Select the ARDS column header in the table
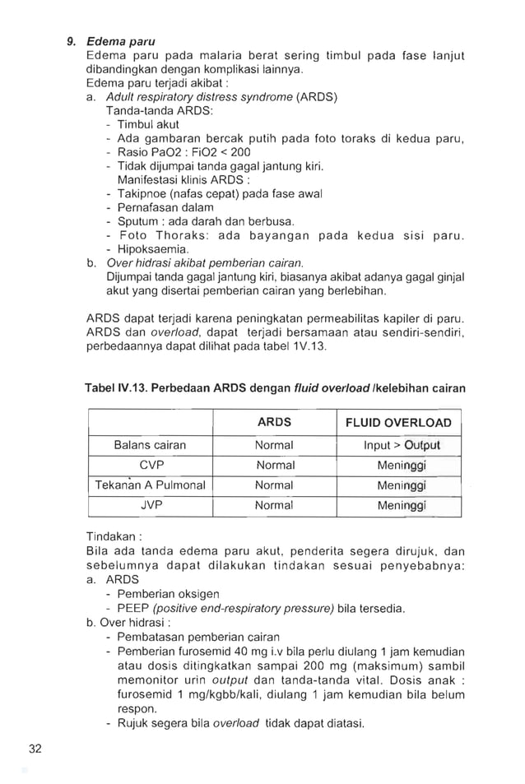tap(274, 422)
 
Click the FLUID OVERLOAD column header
tap(398, 423)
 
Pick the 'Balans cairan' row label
tap(150, 445)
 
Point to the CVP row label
tap(151, 465)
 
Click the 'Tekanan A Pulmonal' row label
tap(150, 485)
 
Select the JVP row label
tap(151, 505)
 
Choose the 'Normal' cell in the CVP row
tap(274, 465)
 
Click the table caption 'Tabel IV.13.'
tap(120, 387)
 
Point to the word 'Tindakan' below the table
tap(110, 537)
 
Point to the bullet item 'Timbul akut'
tap(148, 123)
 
